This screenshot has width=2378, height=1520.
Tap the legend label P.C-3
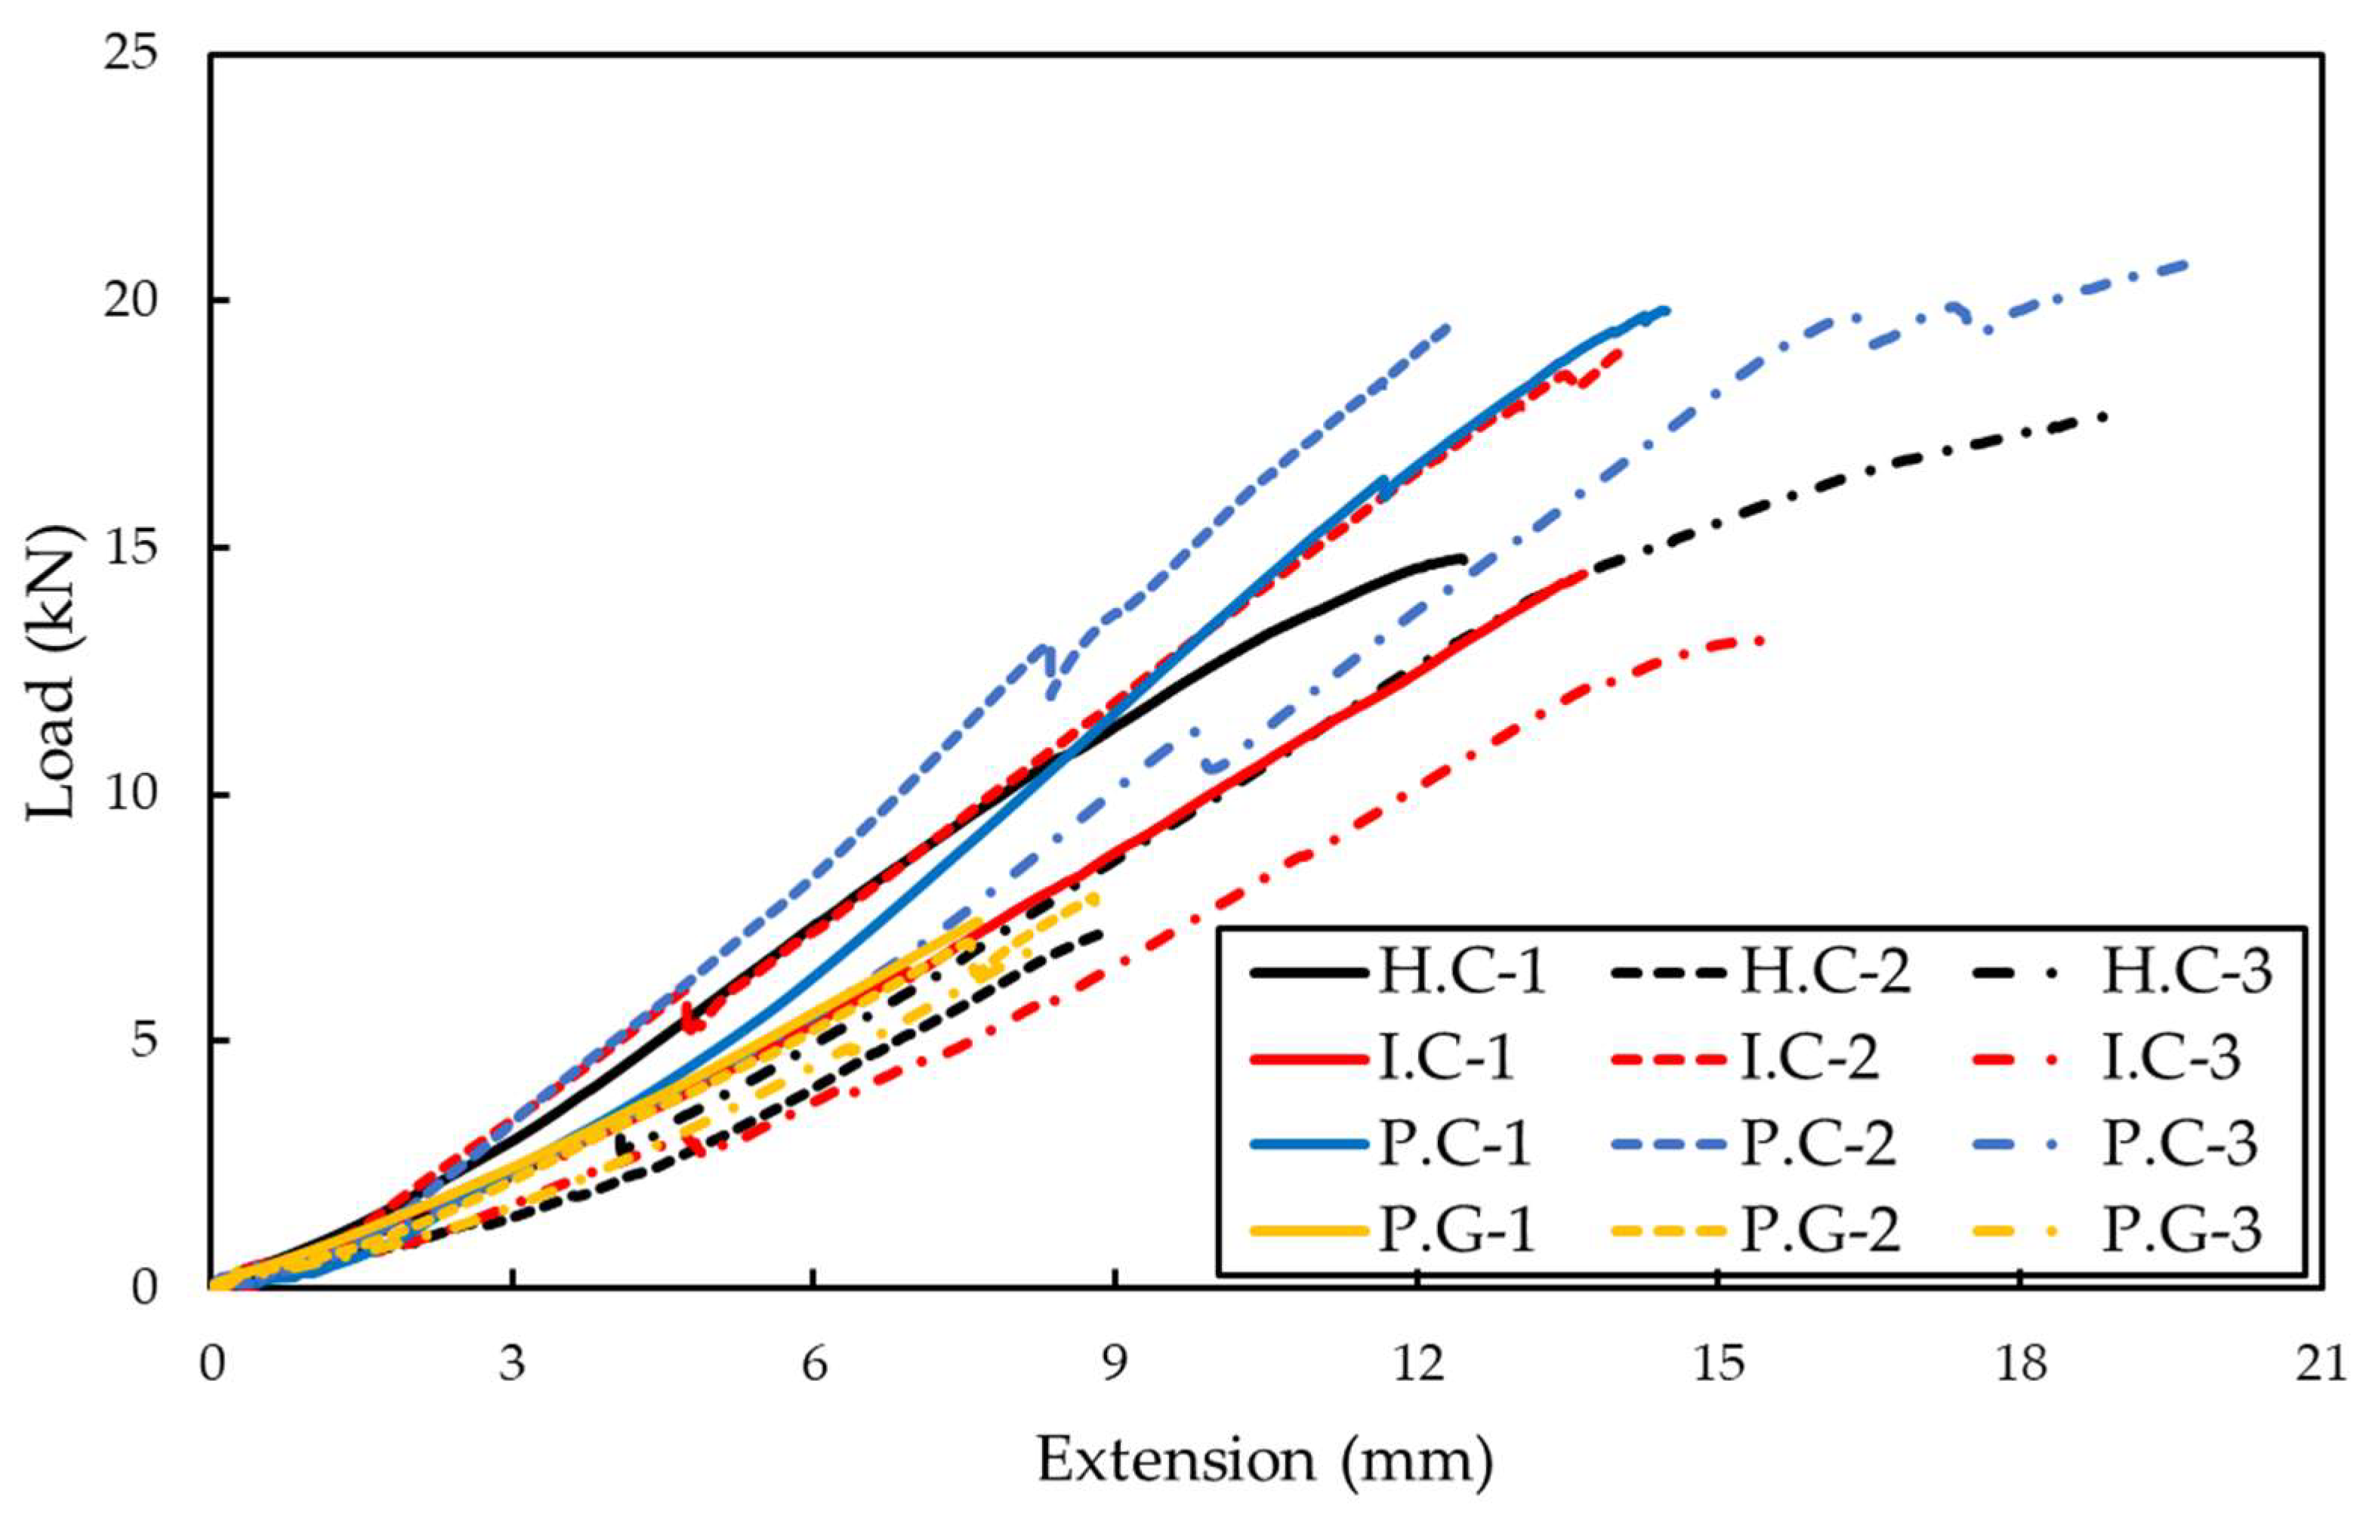pos(2180,1144)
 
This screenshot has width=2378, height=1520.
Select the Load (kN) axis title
pos(51,672)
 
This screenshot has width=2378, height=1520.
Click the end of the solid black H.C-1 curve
pos(1463,560)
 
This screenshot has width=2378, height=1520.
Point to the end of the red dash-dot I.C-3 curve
pos(1762,641)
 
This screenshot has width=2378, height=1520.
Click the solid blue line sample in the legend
pos(1309,1145)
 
